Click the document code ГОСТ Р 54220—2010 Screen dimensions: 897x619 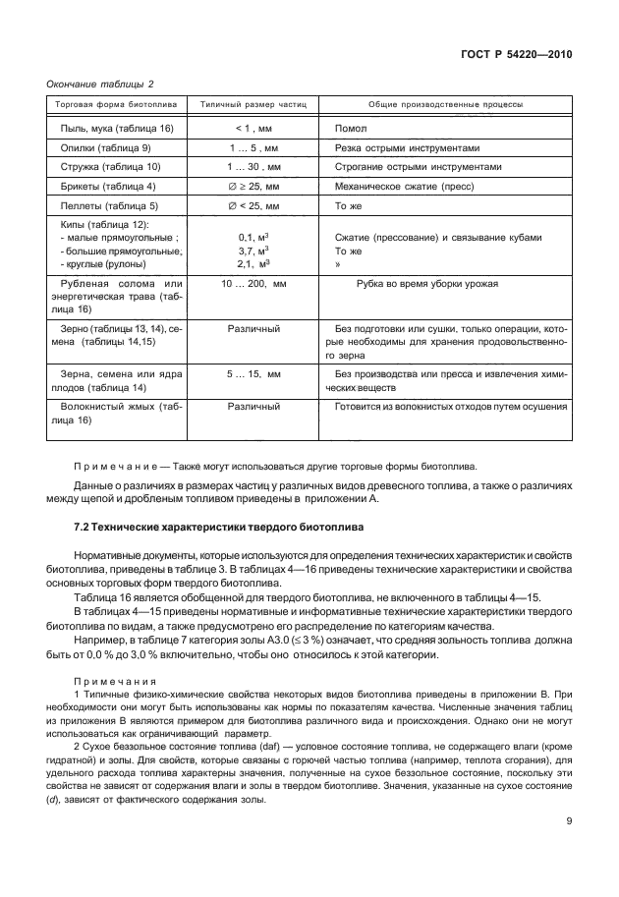517,56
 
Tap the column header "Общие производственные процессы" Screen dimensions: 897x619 445,103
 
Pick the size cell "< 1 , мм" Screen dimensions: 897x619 253,129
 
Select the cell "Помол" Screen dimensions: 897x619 351,129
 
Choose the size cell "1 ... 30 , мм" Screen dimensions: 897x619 253,167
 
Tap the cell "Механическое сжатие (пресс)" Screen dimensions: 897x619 404,186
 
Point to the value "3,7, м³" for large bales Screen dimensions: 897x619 254,251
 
